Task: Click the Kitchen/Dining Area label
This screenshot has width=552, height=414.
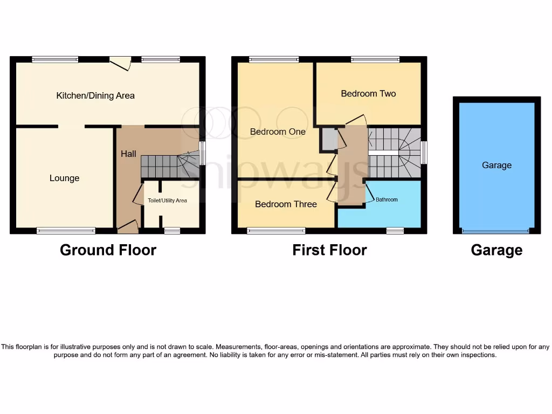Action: pos(95,96)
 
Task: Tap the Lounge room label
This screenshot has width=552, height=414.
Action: pos(64,178)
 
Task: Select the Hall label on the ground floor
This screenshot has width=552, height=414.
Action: pos(128,154)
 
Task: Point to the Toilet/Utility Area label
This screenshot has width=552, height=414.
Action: pos(167,201)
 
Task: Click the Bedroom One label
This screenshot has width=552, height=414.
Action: pos(278,132)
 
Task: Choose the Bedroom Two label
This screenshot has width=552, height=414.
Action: pos(368,94)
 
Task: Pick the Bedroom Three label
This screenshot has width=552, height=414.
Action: pos(286,204)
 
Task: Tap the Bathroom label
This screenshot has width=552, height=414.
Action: pos(387,200)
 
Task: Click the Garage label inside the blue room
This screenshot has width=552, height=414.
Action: pos(496,165)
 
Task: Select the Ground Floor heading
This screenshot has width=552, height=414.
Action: pos(108,250)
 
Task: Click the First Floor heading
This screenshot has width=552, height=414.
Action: pos(329,250)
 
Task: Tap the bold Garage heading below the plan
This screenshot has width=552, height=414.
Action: pos(496,250)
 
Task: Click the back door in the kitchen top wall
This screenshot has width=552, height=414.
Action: pos(121,63)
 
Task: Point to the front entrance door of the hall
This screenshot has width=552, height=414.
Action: pos(128,227)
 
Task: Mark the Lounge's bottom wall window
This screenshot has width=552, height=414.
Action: pos(66,231)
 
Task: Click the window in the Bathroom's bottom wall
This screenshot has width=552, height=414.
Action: pos(395,231)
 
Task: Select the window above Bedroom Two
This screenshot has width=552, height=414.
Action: pos(375,59)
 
